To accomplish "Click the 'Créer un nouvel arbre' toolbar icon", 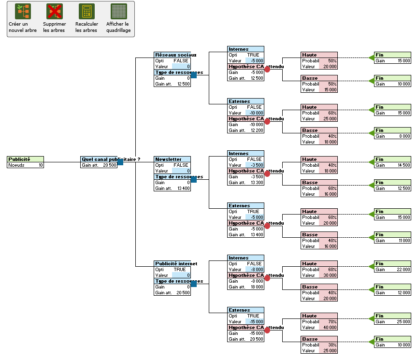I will point(22,12).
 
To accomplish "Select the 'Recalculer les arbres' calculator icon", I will point(86,12).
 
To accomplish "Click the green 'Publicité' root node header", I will point(25,159).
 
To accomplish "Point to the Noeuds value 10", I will point(40,165).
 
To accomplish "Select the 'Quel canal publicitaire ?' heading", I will point(99,159).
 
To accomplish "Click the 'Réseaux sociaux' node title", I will point(172,55).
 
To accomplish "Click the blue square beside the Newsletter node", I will point(194,180).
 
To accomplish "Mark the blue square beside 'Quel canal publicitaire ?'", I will point(120,162).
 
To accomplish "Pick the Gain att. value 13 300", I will point(257,183).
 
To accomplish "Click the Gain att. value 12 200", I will point(257,130).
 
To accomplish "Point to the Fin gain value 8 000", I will point(404,136).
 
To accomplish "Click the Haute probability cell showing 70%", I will point(332,322).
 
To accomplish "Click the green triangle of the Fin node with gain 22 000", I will point(371,267).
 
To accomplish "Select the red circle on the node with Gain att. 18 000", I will point(267,278).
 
